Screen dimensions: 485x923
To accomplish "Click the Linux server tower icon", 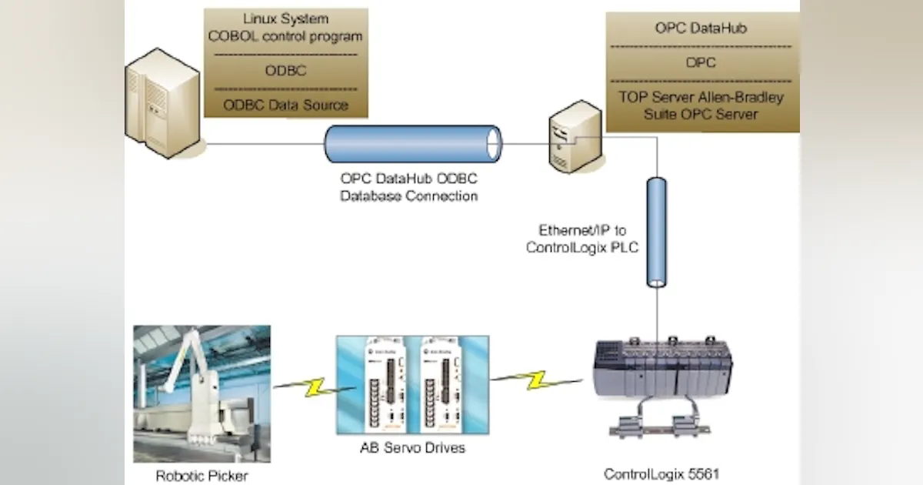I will pyautogui.click(x=163, y=103).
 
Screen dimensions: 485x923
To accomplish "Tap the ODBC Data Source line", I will pyautogui.click(x=285, y=105).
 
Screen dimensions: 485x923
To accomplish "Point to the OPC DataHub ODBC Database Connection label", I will pyautogui.click(x=409, y=187).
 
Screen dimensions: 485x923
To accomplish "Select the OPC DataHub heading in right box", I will pyautogui.click(x=701, y=28).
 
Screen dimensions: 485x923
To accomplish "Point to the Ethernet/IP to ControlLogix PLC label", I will pyautogui.click(x=583, y=239).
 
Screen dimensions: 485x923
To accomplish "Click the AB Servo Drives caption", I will pyautogui.click(x=413, y=447).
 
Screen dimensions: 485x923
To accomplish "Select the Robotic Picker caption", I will pyautogui.click(x=202, y=476).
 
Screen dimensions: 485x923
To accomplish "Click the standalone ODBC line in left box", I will pyautogui.click(x=285, y=71).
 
